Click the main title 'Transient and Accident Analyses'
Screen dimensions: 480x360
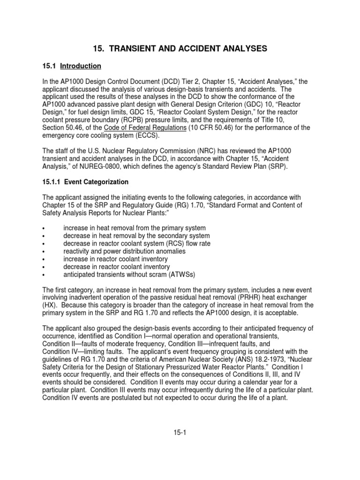[x=180, y=48]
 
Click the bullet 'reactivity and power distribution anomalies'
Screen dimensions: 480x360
[x=124, y=251]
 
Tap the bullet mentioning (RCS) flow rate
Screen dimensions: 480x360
[x=137, y=243]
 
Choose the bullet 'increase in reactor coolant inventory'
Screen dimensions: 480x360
[x=115, y=259]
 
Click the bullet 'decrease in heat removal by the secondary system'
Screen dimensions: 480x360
[x=136, y=236]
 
